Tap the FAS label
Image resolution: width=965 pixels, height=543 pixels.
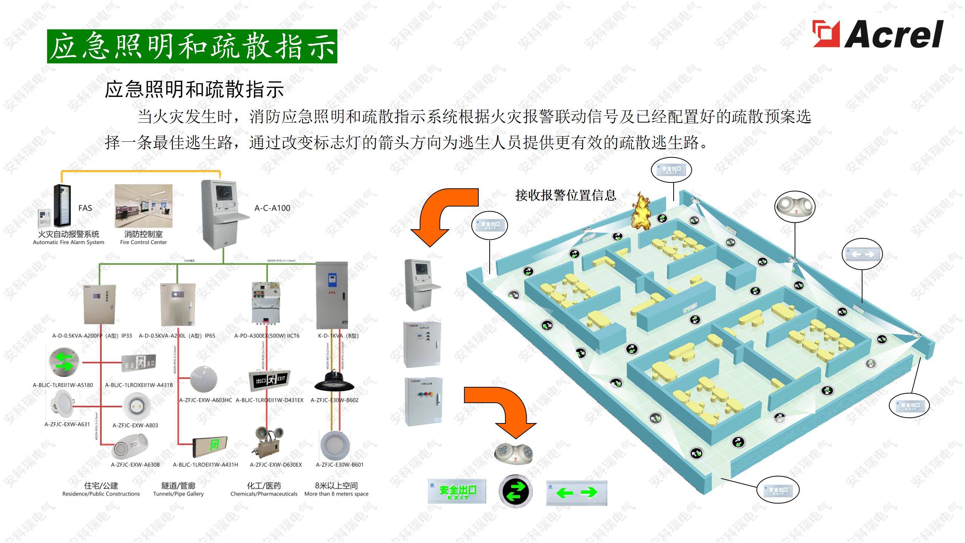[x=85, y=208]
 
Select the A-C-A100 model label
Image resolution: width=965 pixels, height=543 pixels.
[x=272, y=208]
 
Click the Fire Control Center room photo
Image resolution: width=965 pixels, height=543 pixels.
[x=143, y=206]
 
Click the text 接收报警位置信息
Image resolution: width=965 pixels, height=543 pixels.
[x=565, y=195]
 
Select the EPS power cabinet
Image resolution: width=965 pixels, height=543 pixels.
[x=332, y=295]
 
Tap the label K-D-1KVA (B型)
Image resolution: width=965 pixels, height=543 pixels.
[x=338, y=336]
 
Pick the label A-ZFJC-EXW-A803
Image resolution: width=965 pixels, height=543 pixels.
[x=135, y=425]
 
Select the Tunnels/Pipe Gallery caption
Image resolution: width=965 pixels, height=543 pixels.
[x=178, y=494]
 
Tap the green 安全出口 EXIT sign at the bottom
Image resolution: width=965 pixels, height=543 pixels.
[x=457, y=491]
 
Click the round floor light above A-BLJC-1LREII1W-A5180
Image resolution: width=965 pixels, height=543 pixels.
[x=63, y=361]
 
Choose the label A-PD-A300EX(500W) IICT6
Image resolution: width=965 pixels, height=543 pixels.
[x=267, y=336]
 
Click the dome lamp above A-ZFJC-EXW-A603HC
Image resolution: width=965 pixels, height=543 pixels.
[x=204, y=379]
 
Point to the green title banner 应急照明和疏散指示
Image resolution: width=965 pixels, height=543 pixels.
[x=192, y=46]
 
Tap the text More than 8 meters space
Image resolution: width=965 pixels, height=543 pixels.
[x=336, y=494]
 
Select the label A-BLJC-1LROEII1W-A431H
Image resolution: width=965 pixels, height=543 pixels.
[x=205, y=465]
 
